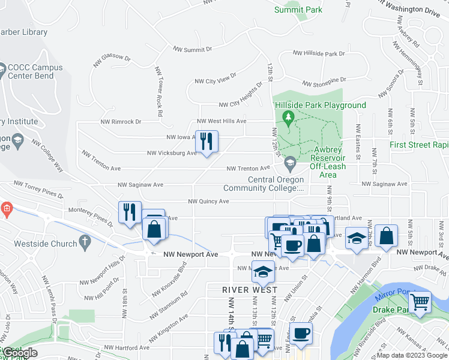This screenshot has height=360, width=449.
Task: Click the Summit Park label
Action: [x=298, y=10]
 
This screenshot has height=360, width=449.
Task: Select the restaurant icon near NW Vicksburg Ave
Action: [x=206, y=142]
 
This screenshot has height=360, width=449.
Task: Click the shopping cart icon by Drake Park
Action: [x=420, y=302]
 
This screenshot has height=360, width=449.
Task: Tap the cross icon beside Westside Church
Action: [x=85, y=244]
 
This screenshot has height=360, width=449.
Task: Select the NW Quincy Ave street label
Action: [x=209, y=202]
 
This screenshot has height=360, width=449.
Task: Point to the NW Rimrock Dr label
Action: [x=121, y=121]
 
